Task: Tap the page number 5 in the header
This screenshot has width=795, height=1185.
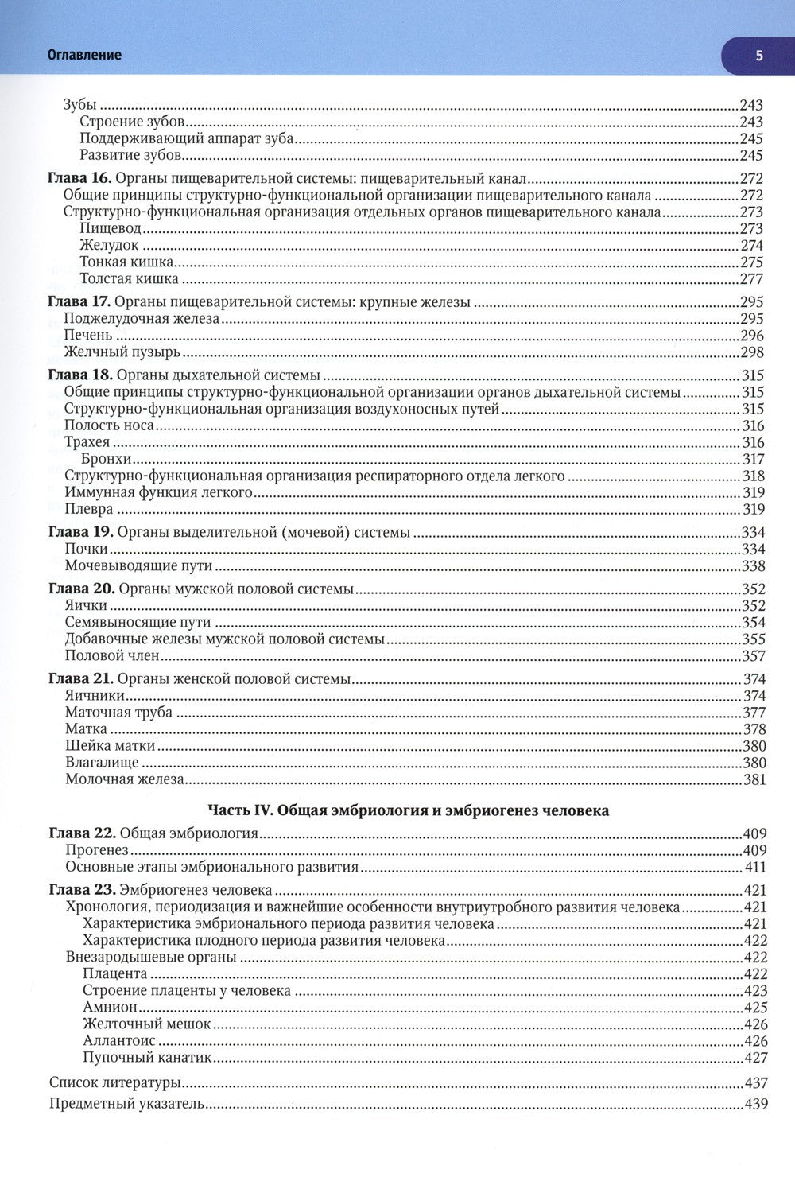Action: coord(758,55)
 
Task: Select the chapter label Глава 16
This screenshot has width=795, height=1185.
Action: coord(80,179)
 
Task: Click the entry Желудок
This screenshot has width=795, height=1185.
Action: coord(110,246)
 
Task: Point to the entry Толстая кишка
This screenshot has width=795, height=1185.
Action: coord(129,279)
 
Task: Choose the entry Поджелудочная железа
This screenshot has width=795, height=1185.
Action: coord(142,319)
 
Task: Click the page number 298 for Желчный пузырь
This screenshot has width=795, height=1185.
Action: coord(752,352)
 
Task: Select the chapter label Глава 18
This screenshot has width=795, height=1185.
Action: coord(80,375)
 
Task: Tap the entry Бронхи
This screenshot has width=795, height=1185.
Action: coord(107,459)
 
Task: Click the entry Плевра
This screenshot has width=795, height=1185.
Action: coord(89,509)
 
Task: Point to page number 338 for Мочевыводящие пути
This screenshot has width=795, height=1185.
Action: coord(752,566)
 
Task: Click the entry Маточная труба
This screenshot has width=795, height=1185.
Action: coord(118,713)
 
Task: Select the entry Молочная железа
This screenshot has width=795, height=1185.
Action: coord(125,779)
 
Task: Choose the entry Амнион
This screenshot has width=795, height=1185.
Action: coord(110,1008)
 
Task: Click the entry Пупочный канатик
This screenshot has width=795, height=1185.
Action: coord(147,1058)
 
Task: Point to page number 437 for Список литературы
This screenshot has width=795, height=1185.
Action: coord(755,1082)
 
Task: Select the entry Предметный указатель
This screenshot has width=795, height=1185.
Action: coord(127,1104)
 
